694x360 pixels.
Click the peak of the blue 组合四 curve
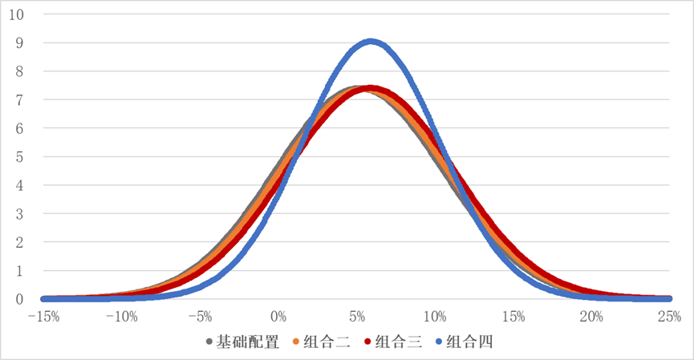[x=370, y=41]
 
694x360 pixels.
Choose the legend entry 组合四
[x=472, y=342]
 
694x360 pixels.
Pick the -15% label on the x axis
[x=43, y=316]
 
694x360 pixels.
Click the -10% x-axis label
[x=121, y=316]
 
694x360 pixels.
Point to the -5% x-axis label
[x=201, y=316]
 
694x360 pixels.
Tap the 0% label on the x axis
[x=278, y=316]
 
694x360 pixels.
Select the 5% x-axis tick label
[x=357, y=316]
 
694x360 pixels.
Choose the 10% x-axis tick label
[x=436, y=316]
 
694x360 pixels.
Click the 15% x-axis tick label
[x=513, y=316]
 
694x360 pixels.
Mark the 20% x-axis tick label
[x=592, y=316]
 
